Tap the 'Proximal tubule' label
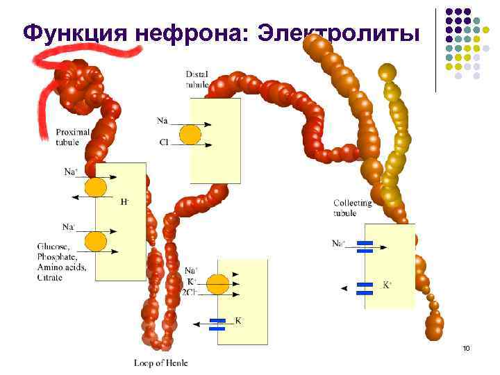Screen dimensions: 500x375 [x=73, y=137]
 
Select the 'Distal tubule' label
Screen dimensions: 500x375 [x=197, y=79]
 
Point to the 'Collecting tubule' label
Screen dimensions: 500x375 [x=352, y=208]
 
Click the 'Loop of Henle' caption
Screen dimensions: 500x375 [x=160, y=362]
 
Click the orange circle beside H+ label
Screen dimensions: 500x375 [x=95, y=187]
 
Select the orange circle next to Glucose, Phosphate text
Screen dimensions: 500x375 [x=95, y=242]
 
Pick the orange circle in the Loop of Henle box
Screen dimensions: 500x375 [x=217, y=283]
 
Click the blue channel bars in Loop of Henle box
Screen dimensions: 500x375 [x=217, y=324]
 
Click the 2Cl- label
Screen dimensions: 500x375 [x=190, y=292]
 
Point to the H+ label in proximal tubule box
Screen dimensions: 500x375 [x=125, y=202]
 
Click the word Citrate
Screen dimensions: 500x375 [x=50, y=278]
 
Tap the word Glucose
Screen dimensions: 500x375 [x=53, y=246]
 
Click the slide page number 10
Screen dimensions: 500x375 [x=466, y=347]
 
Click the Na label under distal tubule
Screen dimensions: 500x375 [x=162, y=121]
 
